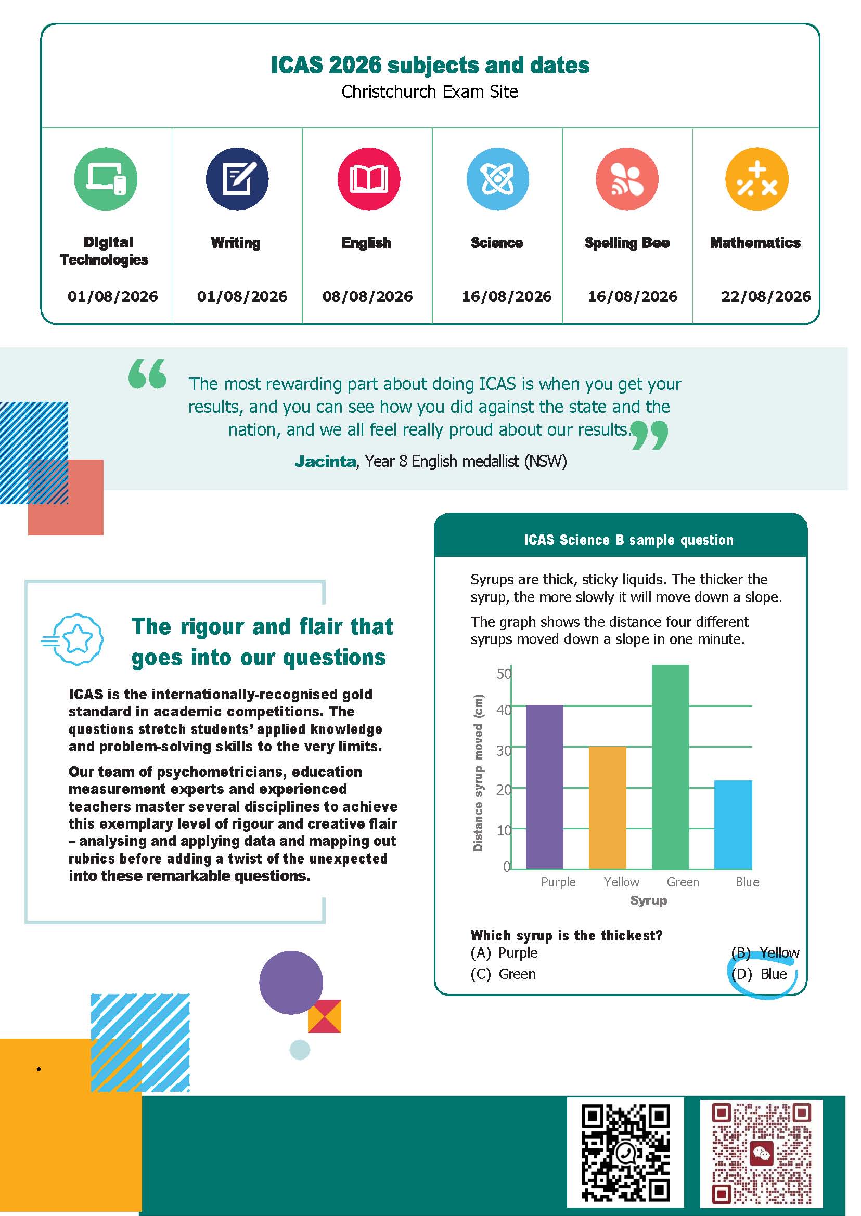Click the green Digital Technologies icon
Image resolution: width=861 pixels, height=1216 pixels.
click(106, 178)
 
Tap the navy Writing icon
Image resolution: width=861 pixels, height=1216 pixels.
click(237, 178)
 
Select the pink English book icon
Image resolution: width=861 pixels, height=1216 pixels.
click(368, 178)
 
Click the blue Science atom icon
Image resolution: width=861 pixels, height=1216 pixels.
click(497, 178)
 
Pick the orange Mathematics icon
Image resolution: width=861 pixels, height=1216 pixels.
click(756, 178)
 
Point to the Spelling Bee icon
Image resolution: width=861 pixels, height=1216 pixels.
click(627, 178)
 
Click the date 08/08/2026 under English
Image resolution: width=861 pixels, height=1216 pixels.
click(367, 296)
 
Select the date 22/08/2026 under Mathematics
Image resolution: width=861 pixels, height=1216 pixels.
click(766, 296)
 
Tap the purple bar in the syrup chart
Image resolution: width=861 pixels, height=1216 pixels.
click(545, 787)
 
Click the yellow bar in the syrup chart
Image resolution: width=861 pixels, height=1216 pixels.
click(608, 807)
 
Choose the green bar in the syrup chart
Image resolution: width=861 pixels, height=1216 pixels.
click(671, 767)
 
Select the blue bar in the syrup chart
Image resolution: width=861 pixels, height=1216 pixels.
click(733, 825)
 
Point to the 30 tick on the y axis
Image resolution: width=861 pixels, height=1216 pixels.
click(503, 750)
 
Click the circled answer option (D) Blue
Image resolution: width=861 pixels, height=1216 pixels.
click(759, 974)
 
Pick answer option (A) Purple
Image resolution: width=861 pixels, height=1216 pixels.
click(504, 952)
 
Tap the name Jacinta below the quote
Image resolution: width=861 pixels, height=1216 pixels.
click(325, 462)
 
